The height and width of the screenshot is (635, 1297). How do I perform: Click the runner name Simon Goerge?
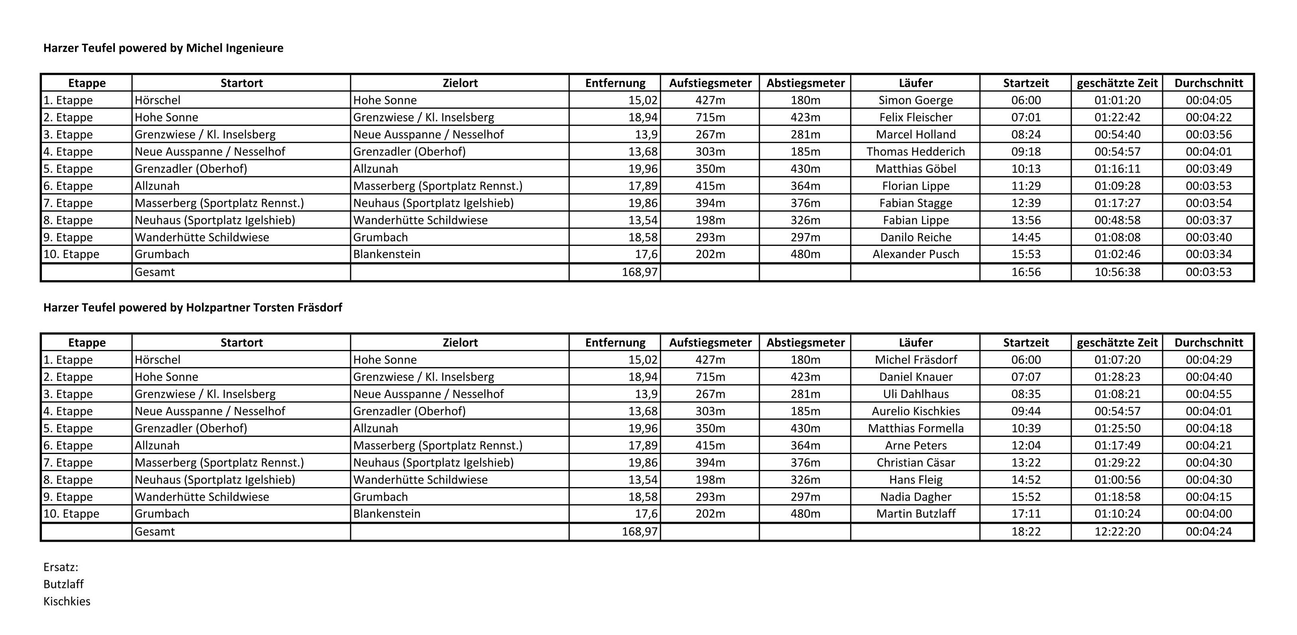pyautogui.click(x=915, y=100)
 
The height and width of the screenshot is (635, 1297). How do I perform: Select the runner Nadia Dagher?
pyautogui.click(x=915, y=497)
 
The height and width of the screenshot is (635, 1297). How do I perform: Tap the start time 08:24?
pyautogui.click(x=1026, y=134)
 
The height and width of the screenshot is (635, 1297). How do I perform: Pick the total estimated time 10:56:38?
pyautogui.click(x=1117, y=272)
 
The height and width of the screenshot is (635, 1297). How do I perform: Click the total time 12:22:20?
pyautogui.click(x=1117, y=531)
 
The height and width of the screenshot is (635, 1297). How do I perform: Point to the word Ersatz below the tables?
pyautogui.click(x=60, y=567)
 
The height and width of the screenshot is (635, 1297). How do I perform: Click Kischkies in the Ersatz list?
pyautogui.click(x=67, y=601)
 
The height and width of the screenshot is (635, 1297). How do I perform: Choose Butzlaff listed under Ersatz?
pyautogui.click(x=63, y=584)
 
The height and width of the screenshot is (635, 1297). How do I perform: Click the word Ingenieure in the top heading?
pyautogui.click(x=255, y=48)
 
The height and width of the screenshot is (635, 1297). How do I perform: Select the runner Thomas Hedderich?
pyautogui.click(x=915, y=151)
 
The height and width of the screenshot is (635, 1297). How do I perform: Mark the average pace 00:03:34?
pyautogui.click(x=1208, y=254)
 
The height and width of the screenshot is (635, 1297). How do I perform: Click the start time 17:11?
pyautogui.click(x=1026, y=514)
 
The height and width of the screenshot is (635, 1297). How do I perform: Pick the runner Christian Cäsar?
pyautogui.click(x=915, y=462)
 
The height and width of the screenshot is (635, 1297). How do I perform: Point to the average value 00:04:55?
pyautogui.click(x=1208, y=394)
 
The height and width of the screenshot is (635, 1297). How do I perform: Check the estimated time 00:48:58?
pyautogui.click(x=1117, y=220)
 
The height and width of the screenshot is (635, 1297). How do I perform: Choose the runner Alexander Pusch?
pyautogui.click(x=915, y=254)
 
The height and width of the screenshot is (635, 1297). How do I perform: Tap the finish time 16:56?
pyautogui.click(x=1026, y=272)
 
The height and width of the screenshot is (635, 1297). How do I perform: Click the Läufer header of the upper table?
pyautogui.click(x=915, y=83)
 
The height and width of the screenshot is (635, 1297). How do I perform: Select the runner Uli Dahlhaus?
pyautogui.click(x=915, y=394)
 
